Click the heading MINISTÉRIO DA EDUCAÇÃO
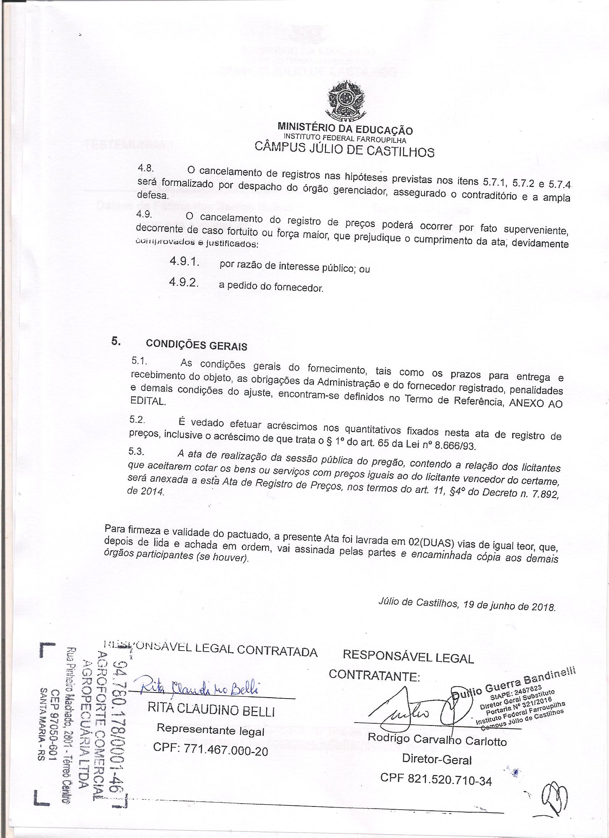click(x=345, y=130)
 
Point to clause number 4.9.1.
click(x=184, y=262)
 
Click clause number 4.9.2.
click(x=183, y=283)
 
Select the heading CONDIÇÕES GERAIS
click(x=196, y=345)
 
